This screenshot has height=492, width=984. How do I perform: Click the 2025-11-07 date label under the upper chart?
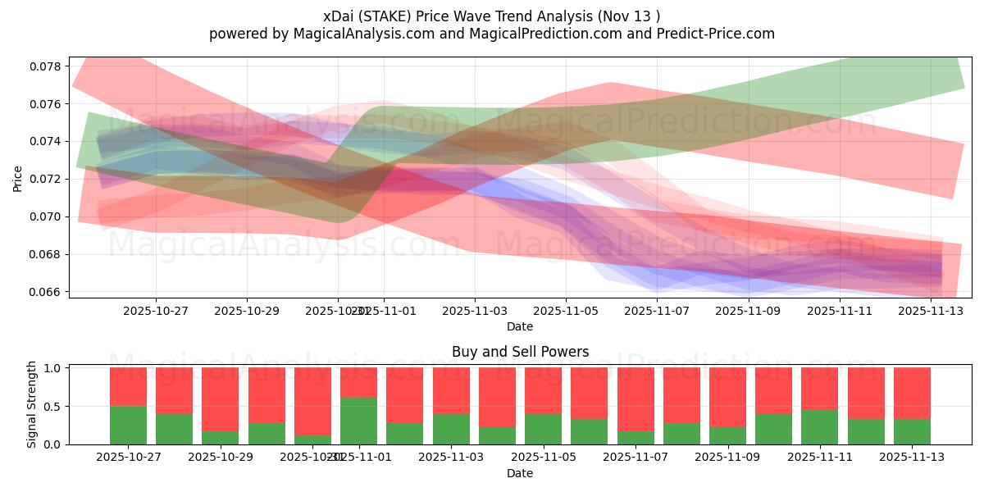click(657, 311)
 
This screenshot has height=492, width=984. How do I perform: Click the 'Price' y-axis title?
click(18, 178)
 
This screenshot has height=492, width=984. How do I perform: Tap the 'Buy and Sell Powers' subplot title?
click(520, 352)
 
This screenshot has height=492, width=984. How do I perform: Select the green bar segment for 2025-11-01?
click(358, 421)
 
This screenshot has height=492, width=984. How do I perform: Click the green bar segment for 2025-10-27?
click(128, 425)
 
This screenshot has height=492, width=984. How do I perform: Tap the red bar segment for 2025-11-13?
click(912, 394)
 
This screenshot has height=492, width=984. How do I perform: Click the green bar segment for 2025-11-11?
click(820, 427)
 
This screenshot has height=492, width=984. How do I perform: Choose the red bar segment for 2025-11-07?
click(635, 399)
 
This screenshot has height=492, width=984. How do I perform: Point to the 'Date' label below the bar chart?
click(520, 473)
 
